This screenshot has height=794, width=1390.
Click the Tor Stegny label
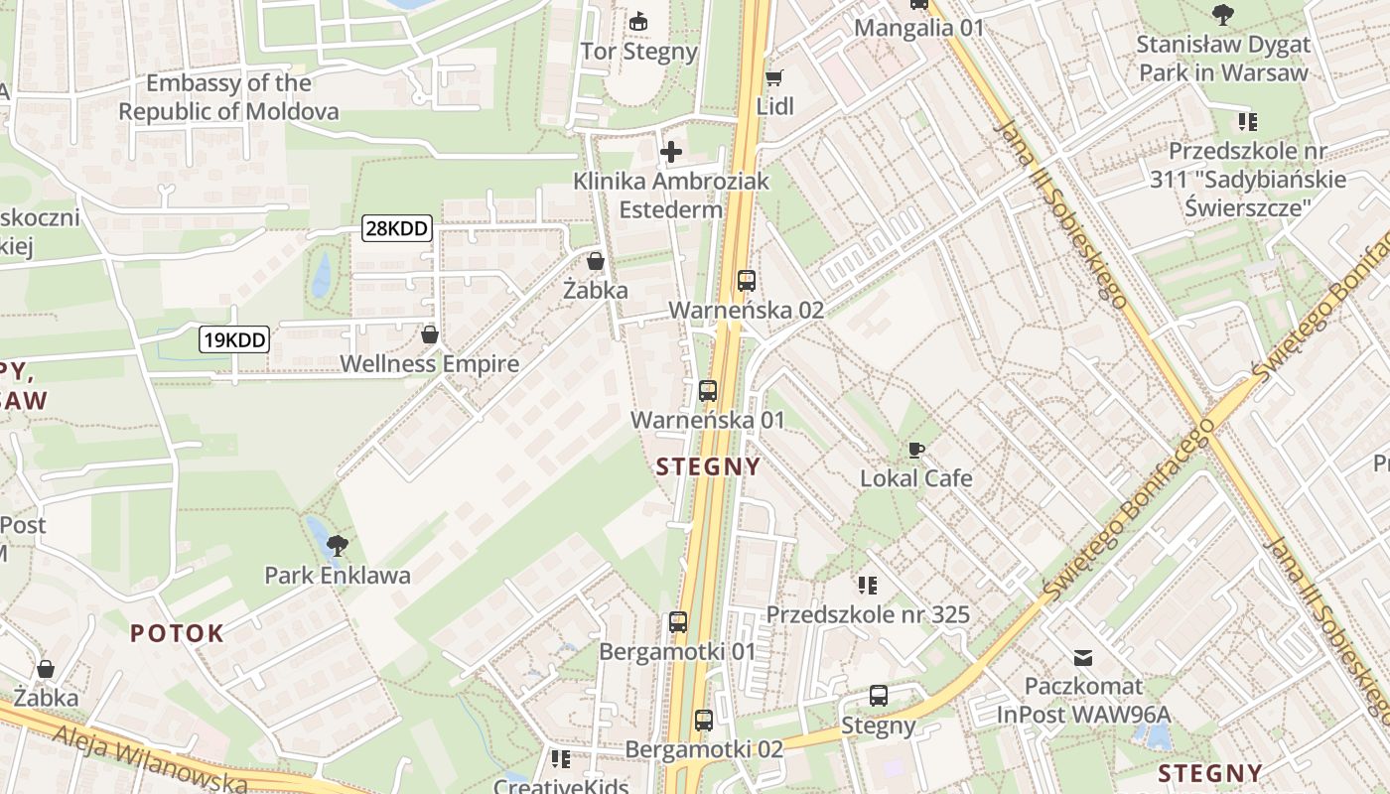(x=639, y=52)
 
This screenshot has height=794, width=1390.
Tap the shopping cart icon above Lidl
(x=774, y=77)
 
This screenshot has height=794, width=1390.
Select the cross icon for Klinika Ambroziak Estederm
(x=671, y=152)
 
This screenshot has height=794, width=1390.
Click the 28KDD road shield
(x=397, y=229)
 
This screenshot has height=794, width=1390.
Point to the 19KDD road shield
(x=234, y=340)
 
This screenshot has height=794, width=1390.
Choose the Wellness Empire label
(x=429, y=364)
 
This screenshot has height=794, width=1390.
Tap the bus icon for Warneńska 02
(x=747, y=281)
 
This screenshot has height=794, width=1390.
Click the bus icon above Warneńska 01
(x=707, y=391)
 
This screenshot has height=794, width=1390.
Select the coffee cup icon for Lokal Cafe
(x=916, y=450)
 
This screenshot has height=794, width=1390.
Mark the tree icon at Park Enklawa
(x=338, y=545)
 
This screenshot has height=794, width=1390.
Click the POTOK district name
(x=177, y=633)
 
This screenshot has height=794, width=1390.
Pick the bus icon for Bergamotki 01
(x=678, y=623)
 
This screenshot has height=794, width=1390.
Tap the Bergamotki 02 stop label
(x=704, y=749)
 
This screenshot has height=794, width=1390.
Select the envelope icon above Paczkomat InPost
(x=1083, y=657)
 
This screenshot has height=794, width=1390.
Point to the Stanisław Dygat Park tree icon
(x=1223, y=15)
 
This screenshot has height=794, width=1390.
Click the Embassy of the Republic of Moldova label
(x=228, y=97)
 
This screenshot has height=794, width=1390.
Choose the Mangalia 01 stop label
(x=918, y=28)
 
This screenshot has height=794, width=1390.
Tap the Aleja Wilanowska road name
(x=149, y=759)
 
